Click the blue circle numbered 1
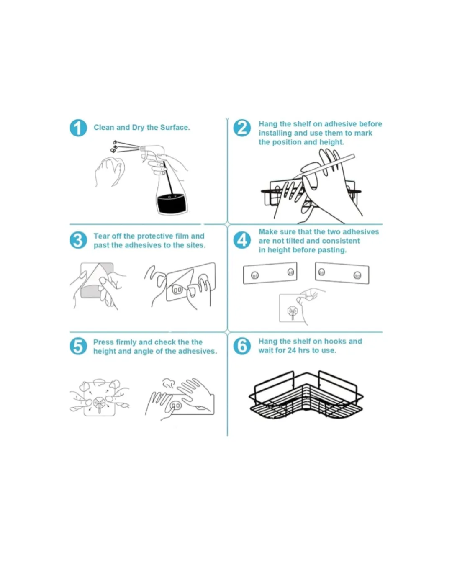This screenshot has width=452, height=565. click(78, 128)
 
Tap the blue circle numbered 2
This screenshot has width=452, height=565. click(242, 128)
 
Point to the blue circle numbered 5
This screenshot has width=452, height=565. click(78, 346)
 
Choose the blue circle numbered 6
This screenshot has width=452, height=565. click(242, 346)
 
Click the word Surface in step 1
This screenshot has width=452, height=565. click(175, 127)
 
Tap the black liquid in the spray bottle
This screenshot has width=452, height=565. click(172, 203)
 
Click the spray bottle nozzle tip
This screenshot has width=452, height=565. click(142, 148)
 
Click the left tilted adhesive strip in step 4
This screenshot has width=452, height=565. click(270, 273)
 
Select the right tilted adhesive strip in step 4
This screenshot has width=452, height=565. click(342, 273)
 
